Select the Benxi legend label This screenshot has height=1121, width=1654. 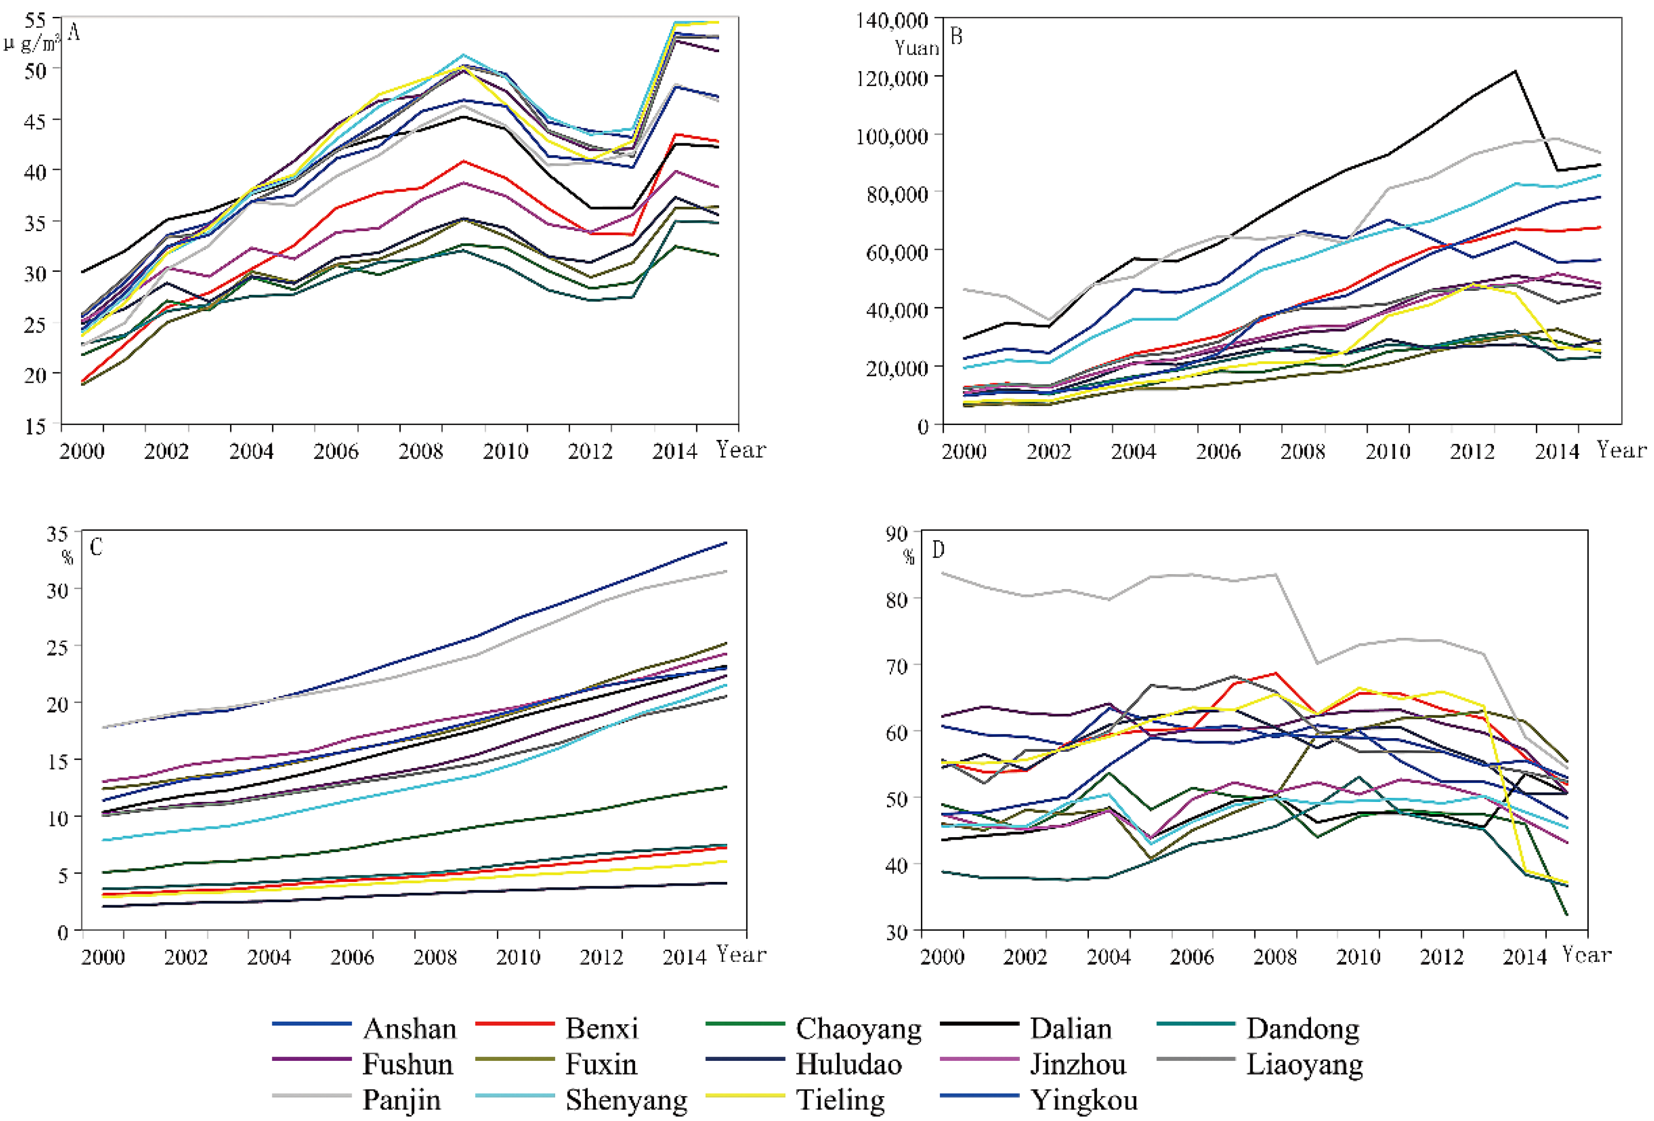tap(601, 1029)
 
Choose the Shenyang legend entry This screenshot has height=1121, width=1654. tap(626, 1100)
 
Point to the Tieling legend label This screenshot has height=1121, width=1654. tap(840, 1100)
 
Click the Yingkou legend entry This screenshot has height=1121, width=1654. tap(1084, 1100)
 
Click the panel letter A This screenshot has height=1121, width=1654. tap(73, 32)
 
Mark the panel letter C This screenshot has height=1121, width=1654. tap(96, 547)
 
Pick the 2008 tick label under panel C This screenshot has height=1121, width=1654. tap(435, 956)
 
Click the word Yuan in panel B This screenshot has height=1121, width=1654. tap(916, 48)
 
